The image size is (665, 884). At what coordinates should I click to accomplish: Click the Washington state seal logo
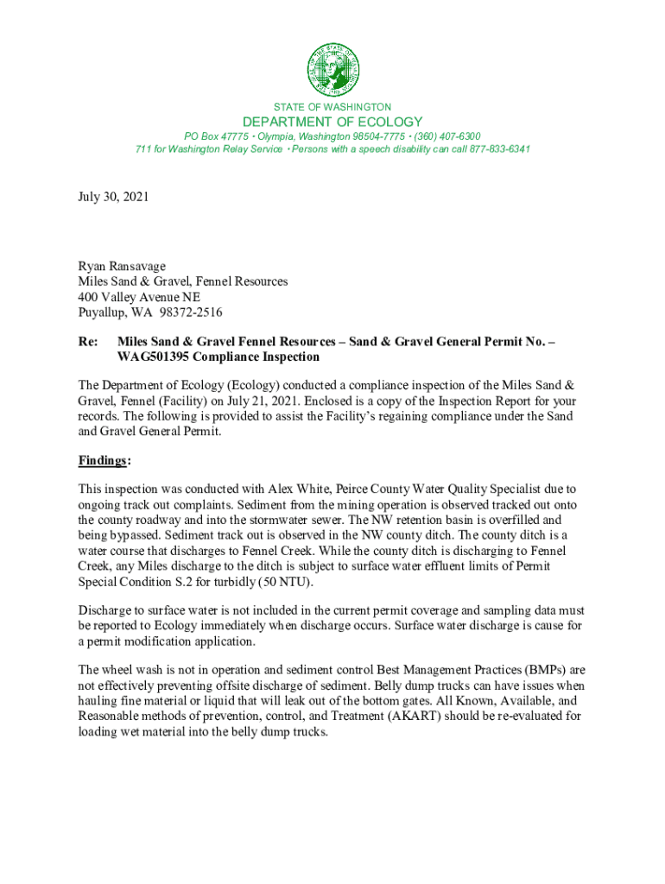332,69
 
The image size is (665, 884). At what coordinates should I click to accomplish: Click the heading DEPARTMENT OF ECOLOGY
332,122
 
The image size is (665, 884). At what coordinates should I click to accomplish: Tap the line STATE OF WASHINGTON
332,107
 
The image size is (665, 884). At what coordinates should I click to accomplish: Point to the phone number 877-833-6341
501,149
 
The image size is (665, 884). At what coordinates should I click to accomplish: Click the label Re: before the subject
88,342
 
